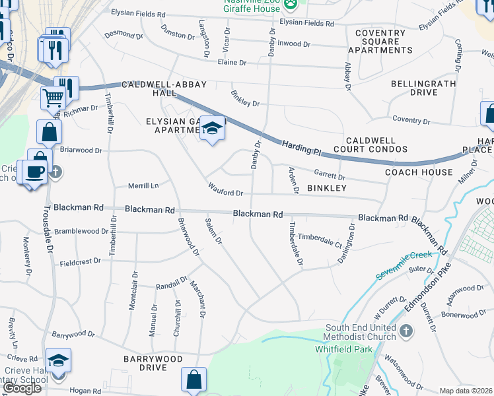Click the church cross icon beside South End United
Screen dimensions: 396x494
coord(406,330)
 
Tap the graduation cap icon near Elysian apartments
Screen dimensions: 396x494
coord(213,128)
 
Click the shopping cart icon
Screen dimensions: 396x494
coord(53,98)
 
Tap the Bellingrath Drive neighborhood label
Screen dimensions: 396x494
coord(423,88)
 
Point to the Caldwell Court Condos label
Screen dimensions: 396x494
coord(379,146)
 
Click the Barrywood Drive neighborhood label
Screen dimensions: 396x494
coord(153,362)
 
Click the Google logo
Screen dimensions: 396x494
coord(22,388)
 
